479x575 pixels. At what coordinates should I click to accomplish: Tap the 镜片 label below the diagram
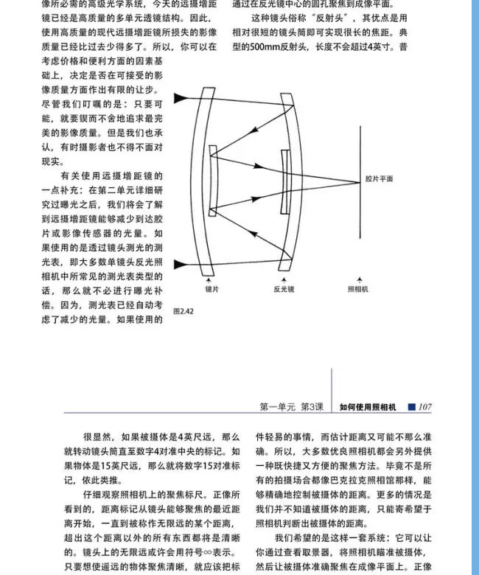(211, 290)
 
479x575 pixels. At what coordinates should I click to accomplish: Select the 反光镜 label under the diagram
(284, 290)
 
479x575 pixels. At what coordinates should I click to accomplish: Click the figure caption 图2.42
(182, 311)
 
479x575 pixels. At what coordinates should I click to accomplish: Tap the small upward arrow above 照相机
(359, 279)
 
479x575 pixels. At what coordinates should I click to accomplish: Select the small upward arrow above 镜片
(211, 279)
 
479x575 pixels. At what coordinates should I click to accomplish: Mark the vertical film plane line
(360, 179)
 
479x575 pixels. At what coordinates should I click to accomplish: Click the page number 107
(425, 406)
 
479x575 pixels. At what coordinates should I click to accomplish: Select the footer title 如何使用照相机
(368, 406)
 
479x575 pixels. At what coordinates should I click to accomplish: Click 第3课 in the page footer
(312, 406)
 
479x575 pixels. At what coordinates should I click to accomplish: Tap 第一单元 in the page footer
(278, 406)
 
